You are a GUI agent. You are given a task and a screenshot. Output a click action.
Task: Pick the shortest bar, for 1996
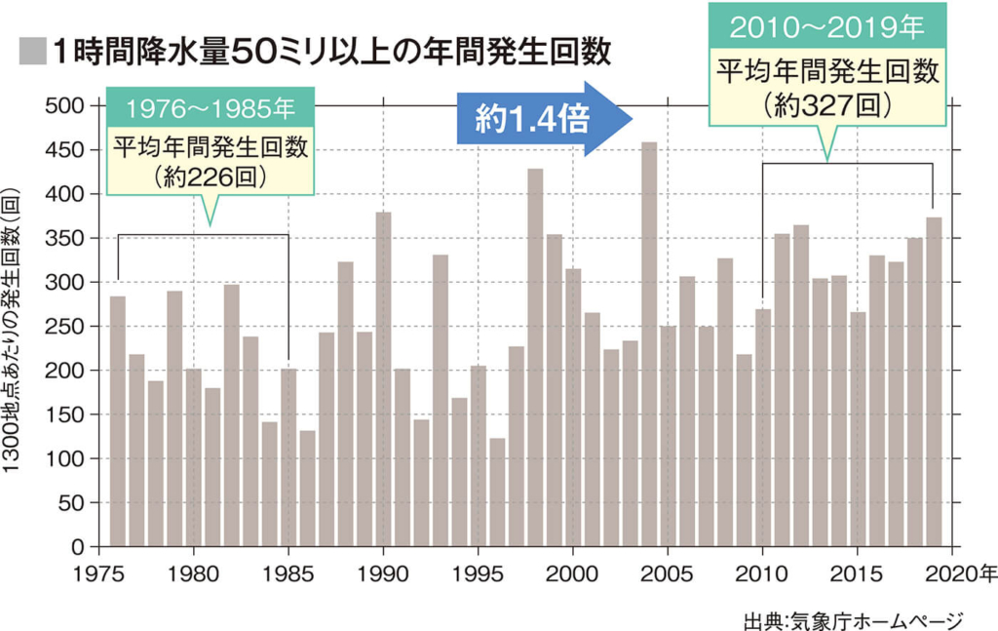(497, 492)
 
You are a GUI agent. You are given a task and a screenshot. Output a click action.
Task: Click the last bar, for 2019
(934, 380)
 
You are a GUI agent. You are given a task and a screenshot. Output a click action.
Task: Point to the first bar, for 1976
(118, 420)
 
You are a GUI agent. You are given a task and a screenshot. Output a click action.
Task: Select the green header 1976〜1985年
(210, 106)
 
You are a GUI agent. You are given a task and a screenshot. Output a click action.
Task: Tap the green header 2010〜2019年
(827, 28)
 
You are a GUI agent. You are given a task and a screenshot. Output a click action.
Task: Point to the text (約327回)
(827, 104)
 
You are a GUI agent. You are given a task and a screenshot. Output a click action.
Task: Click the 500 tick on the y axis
(63, 105)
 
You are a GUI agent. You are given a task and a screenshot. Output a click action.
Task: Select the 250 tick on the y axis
(63, 326)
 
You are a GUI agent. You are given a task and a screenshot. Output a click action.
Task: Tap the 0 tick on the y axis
(78, 546)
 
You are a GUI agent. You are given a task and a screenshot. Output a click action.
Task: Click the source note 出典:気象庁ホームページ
(852, 618)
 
